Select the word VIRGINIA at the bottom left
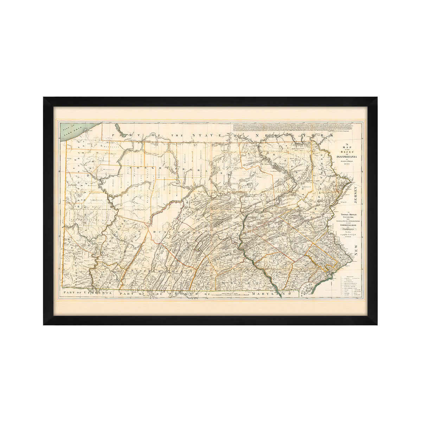98,292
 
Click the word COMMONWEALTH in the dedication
346,225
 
